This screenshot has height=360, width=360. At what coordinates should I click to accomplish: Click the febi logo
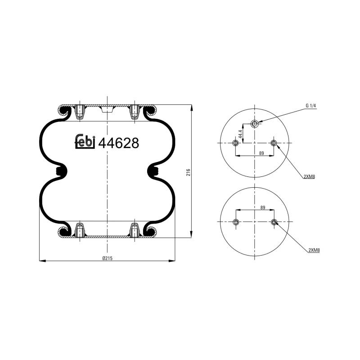click(x=85, y=142)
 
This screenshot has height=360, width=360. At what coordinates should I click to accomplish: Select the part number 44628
click(x=119, y=143)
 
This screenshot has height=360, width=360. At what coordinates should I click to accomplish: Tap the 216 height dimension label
click(x=189, y=172)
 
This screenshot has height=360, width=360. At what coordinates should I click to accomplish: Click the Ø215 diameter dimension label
click(x=107, y=257)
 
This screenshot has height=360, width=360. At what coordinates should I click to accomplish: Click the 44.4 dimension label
click(x=241, y=134)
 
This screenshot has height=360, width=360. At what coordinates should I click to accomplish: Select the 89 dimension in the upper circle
click(x=255, y=153)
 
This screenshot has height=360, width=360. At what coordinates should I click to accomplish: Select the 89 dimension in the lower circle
click(x=255, y=207)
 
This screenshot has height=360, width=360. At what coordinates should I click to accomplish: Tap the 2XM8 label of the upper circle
click(x=309, y=176)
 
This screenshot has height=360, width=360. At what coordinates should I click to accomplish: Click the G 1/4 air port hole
click(x=255, y=124)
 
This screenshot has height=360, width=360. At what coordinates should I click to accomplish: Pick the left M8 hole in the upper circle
click(x=235, y=143)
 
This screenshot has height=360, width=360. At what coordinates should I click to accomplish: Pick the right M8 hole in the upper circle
click(x=274, y=143)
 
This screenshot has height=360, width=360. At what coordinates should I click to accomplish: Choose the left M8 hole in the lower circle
click(x=235, y=221)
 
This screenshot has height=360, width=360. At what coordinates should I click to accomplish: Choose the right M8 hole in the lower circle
click(x=274, y=221)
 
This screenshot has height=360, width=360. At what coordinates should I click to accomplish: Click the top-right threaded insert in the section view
click(x=134, y=111)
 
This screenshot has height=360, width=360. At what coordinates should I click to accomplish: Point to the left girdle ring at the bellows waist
click(x=62, y=171)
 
